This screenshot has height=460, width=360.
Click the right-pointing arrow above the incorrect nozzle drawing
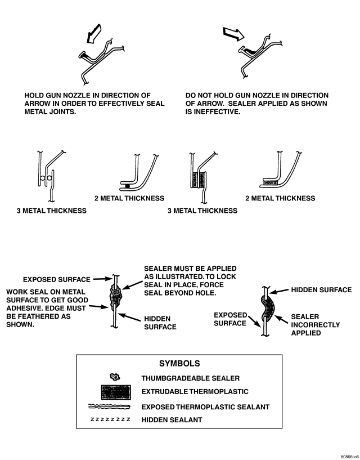tap(232, 34)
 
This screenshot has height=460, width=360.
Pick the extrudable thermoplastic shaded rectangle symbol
tap(112, 391)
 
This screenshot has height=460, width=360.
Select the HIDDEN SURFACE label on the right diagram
tap(321, 290)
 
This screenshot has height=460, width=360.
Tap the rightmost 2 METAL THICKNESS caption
tap(280, 198)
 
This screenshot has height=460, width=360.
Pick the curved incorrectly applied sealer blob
tap(272, 311)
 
